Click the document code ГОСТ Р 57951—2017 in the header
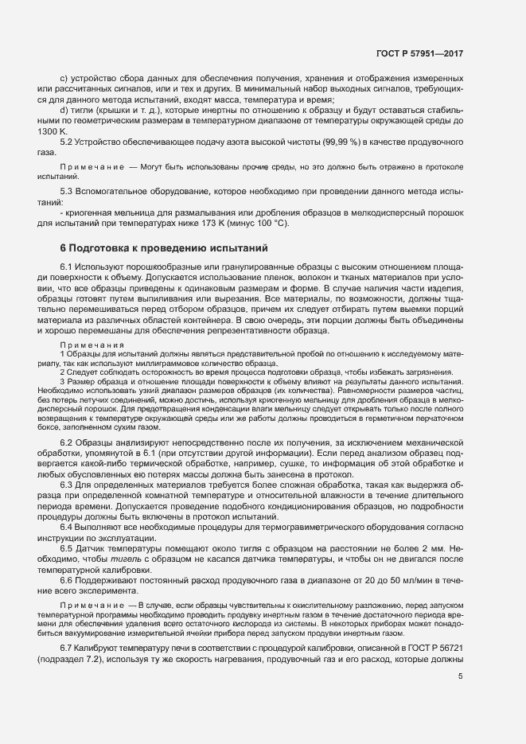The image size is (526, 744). [x=419, y=53]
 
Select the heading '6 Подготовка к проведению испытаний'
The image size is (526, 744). [x=165, y=248]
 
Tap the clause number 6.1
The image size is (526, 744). [x=68, y=264]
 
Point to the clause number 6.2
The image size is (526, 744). [x=68, y=442]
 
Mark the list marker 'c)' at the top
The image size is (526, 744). [x=65, y=78]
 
